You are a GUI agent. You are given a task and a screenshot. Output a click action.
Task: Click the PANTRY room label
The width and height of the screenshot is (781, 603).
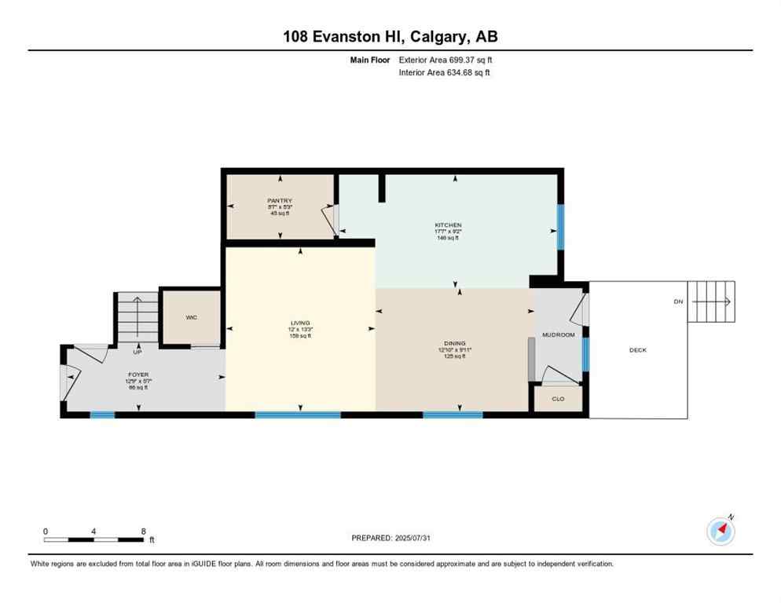pyautogui.click(x=280, y=201)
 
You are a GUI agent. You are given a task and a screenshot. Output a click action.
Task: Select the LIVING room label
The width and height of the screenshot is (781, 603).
pyautogui.click(x=300, y=323)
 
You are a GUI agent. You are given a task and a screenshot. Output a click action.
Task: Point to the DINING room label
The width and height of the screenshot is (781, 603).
pyautogui.click(x=454, y=343)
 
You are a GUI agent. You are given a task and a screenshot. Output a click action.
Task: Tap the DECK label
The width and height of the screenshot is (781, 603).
pyautogui.click(x=638, y=350)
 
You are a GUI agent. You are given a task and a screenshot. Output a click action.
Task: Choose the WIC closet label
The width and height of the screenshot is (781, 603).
pyautogui.click(x=191, y=317)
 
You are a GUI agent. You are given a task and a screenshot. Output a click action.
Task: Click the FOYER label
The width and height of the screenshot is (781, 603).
pyautogui.click(x=138, y=375)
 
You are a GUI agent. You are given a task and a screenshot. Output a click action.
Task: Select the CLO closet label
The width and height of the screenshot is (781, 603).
pyautogui.click(x=558, y=399)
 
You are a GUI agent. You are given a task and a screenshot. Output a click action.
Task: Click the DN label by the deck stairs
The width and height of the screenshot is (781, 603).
pyautogui.click(x=678, y=301)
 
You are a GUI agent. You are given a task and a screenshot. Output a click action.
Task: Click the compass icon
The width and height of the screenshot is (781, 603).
pyautogui.click(x=720, y=531)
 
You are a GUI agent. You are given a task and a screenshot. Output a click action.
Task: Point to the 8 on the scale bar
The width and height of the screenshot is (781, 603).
pyautogui.click(x=143, y=532)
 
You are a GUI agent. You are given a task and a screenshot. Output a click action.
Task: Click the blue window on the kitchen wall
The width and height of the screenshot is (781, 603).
pyautogui.click(x=560, y=227)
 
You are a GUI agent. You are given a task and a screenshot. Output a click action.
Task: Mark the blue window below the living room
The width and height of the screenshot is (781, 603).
pyautogui.click(x=298, y=415)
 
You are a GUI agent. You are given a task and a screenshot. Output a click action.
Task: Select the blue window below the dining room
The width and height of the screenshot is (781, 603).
pyautogui.click(x=453, y=415)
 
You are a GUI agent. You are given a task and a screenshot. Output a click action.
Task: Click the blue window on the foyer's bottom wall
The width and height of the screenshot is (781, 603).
pyautogui.click(x=102, y=415)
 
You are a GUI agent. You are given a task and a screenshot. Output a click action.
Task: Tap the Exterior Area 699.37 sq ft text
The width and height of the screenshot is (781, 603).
pyautogui.click(x=445, y=60)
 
